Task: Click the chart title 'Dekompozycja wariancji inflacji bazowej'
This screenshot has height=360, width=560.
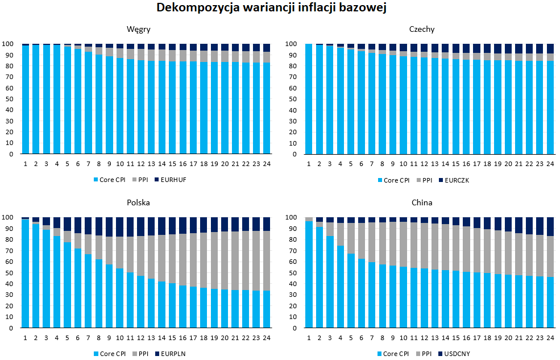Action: (x=280, y=8)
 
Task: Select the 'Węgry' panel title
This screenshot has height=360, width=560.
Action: (x=139, y=30)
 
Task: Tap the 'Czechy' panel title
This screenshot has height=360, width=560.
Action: (x=422, y=30)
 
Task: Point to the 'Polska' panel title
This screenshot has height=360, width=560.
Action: (x=139, y=203)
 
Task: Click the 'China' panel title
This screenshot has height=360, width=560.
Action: (x=422, y=203)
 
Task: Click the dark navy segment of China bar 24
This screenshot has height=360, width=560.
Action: (x=550, y=226)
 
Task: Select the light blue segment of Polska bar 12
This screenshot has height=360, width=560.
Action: (x=140, y=302)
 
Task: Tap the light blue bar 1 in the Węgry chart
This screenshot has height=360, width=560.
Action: (x=25, y=100)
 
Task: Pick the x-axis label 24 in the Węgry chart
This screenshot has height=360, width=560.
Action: (x=266, y=164)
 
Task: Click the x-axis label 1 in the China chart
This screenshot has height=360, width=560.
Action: (x=309, y=337)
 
